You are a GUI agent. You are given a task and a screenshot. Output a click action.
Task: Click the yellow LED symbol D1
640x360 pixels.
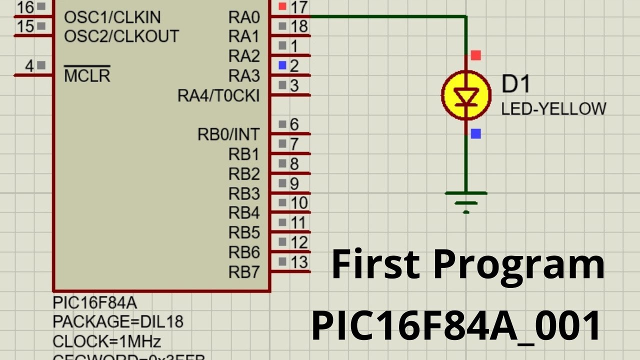pos(465,95)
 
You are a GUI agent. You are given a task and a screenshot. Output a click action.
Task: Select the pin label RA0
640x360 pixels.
pos(244,17)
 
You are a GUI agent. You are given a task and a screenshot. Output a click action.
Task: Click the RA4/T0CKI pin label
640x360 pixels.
pos(218,95)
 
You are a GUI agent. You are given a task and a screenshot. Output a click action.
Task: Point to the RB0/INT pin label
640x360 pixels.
pos(228,134)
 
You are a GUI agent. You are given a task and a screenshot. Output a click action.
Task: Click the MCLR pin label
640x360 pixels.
pos(87,75)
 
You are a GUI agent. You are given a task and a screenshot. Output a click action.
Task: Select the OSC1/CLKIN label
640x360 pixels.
pos(112,17)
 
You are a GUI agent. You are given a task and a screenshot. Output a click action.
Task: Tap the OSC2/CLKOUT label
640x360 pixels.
pos(121,36)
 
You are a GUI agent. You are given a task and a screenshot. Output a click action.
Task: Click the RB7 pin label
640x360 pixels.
pos(244,272)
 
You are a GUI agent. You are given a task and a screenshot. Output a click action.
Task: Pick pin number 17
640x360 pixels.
pos(299,7)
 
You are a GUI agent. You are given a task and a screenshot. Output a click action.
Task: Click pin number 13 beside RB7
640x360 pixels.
pos(299,261)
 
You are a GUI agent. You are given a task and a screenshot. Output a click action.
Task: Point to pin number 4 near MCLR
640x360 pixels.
pos(29,65)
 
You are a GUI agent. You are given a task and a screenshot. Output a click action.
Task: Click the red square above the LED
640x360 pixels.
pos(475,55)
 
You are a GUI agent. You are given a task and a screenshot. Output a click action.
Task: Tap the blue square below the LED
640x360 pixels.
pos(475,133)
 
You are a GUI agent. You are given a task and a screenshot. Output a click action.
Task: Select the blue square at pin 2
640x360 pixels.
pos(282,65)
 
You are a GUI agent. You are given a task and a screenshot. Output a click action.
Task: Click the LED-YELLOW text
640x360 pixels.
pos(553,108)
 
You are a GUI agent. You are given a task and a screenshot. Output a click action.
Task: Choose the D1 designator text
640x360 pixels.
pos(515,84)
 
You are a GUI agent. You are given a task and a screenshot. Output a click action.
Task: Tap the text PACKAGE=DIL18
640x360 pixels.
pos(117,321)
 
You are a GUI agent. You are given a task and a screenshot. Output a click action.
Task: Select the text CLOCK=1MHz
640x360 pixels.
pos(106,341)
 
